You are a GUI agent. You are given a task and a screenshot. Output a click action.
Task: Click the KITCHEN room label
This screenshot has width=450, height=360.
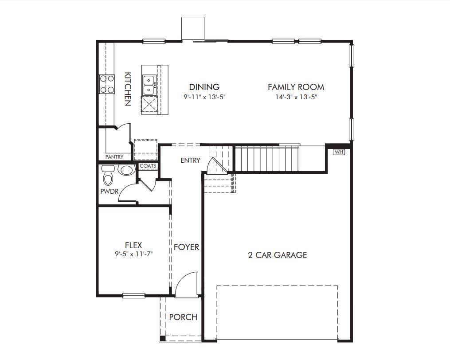click(127, 89)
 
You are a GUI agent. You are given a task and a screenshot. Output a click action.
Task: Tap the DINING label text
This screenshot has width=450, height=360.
click(204, 87)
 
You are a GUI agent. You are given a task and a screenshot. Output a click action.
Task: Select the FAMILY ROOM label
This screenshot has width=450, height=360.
click(296, 87)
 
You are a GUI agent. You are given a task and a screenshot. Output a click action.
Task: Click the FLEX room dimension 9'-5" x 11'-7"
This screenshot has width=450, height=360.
click(133, 254)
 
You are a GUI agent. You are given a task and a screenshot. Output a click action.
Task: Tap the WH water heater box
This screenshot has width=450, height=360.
click(339, 152)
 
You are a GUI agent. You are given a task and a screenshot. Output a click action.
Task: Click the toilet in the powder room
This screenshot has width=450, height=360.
click(108, 176)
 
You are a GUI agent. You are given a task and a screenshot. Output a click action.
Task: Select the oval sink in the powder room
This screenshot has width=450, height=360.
click(126, 170)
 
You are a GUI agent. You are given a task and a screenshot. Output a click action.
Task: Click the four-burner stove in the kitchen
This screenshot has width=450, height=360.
click(107, 84)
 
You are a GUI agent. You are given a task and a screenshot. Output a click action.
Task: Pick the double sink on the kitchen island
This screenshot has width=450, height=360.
click(149, 85)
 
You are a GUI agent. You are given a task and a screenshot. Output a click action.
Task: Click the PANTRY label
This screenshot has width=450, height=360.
click(114, 157)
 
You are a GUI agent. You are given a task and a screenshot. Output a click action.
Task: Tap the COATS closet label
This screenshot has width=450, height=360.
click(148, 166)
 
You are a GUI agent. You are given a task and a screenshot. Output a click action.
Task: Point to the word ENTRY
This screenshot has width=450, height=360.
click(190, 160)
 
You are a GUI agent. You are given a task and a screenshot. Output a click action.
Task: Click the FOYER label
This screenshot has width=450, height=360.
click(186, 247)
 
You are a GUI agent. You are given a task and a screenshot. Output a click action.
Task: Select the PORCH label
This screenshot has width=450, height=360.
click(183, 317)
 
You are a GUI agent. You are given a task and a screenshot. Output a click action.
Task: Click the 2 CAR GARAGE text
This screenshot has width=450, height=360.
click(278, 255)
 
